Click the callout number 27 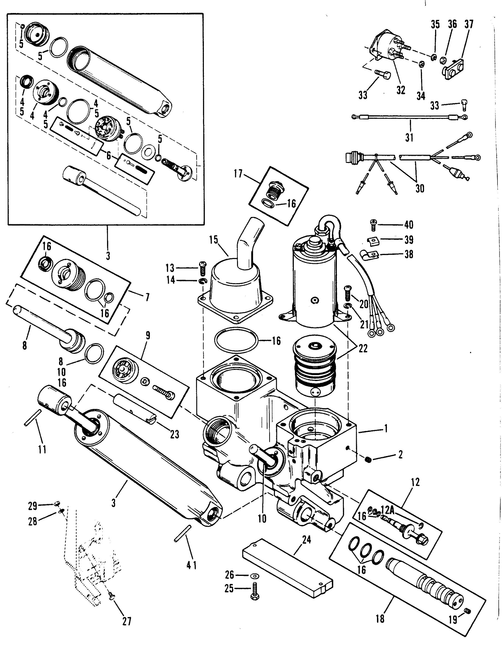[x=127, y=622]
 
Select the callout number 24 [x=306, y=540]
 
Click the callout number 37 [x=468, y=24]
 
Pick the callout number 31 [x=409, y=138]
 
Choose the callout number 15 [x=214, y=240]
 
